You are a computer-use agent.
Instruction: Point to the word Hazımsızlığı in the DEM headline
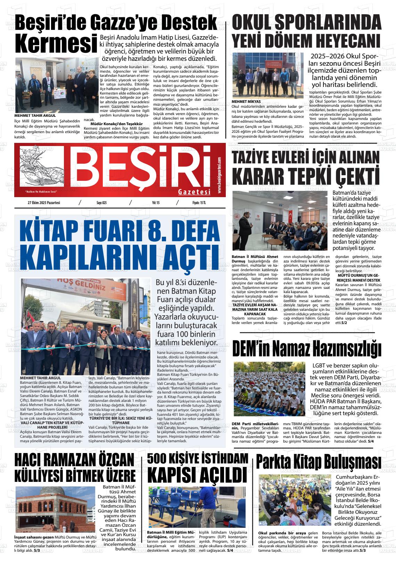(345, 349)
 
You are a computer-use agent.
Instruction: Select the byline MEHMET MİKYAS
(246, 102)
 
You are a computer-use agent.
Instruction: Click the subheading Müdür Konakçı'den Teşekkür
(117, 124)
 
